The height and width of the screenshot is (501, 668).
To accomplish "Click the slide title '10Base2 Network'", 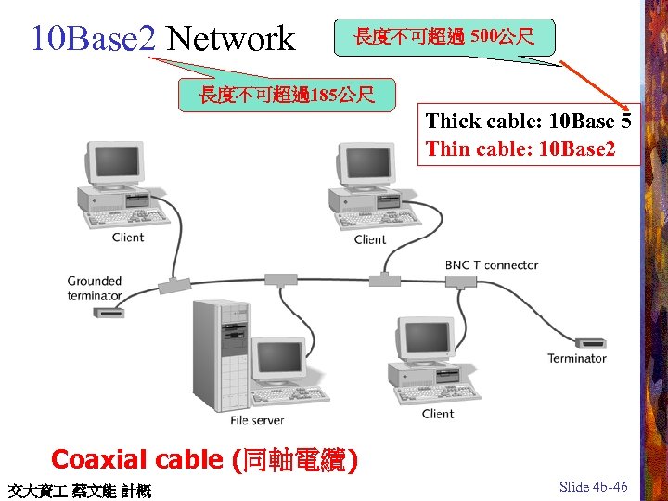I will point(162,39).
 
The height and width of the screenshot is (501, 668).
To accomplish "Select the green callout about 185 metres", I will point(287,94).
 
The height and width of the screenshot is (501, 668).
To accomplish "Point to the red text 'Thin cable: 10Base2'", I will point(520,148).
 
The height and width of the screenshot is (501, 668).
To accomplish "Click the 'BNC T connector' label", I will point(492,265).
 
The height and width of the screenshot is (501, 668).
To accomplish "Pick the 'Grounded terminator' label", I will point(95,288).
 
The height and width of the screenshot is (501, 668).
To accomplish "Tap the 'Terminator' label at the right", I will point(576,359).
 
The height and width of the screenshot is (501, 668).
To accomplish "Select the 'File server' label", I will point(257,421).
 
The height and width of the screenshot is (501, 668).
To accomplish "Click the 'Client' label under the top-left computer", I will point(128,238).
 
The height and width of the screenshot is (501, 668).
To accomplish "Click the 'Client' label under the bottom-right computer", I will point(438,414).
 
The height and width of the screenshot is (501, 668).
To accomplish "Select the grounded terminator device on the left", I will point(110,313).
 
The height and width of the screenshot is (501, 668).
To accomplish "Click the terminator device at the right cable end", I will point(590,342).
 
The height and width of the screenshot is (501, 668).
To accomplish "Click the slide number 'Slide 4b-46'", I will point(594,487).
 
